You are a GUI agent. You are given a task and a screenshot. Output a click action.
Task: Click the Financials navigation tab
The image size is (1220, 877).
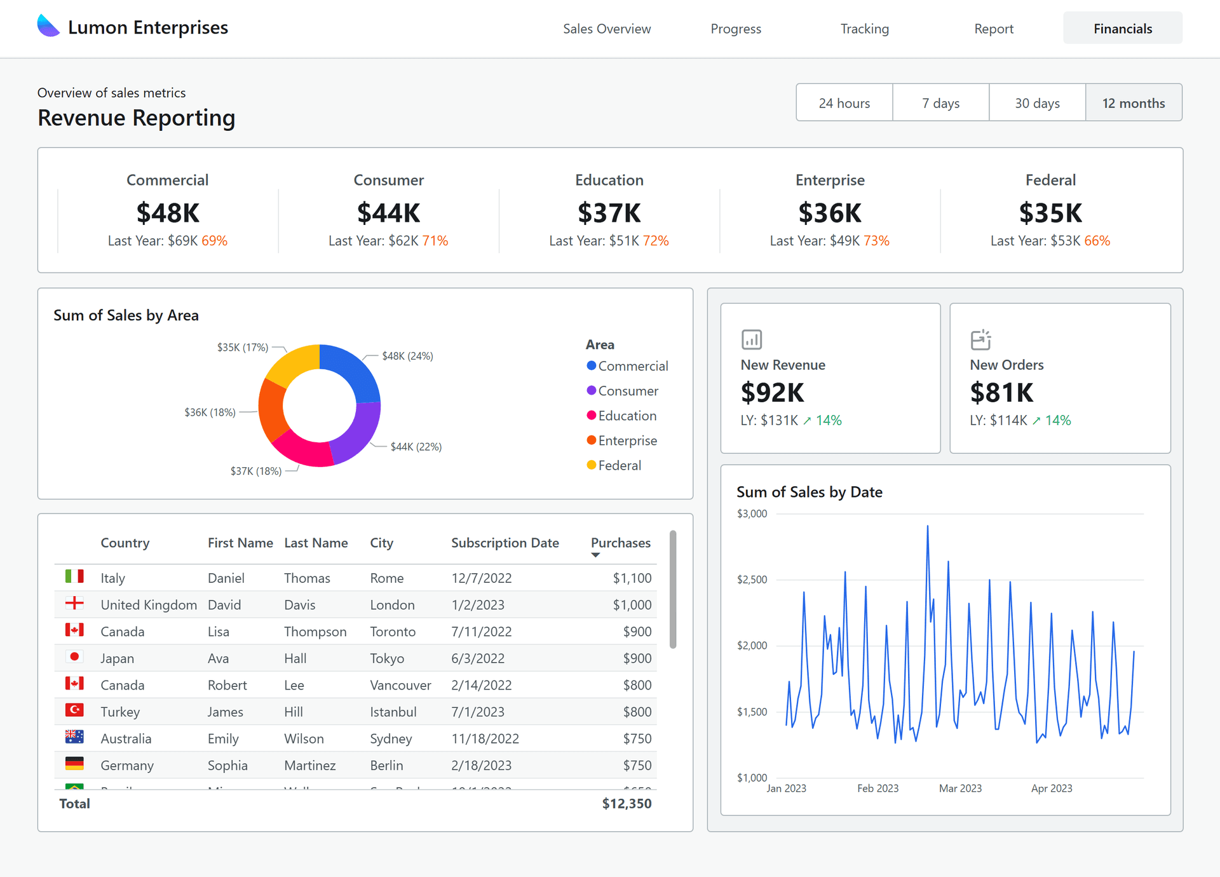(1122, 29)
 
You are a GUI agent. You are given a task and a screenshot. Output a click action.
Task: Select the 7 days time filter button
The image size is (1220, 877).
(940, 103)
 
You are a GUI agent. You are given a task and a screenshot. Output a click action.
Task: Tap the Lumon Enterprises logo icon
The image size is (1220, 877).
(48, 27)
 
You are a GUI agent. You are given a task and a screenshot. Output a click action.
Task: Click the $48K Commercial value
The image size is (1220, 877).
(168, 213)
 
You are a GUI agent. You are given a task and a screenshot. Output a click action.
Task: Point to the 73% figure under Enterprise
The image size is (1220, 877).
(876, 241)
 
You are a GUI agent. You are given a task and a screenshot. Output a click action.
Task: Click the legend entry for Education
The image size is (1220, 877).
(627, 416)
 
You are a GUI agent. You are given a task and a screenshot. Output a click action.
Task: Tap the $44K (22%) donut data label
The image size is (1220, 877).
(416, 447)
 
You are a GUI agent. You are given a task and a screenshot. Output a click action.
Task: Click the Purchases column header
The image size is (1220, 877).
(620, 543)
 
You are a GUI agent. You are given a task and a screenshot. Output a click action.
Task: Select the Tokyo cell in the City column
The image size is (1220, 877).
(387, 658)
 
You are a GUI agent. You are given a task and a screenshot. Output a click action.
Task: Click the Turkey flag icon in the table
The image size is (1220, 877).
(74, 710)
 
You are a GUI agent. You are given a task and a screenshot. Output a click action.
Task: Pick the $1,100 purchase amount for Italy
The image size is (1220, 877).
(632, 578)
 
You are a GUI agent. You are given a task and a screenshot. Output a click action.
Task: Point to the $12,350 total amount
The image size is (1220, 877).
(627, 803)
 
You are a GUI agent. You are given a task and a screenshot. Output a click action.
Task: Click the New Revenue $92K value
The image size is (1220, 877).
(772, 393)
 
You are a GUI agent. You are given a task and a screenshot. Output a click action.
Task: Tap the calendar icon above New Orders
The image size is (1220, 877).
(980, 339)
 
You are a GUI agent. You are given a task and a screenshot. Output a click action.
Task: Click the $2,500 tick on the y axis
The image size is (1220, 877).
(752, 580)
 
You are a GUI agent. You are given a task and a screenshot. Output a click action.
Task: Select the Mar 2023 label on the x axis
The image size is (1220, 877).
(960, 789)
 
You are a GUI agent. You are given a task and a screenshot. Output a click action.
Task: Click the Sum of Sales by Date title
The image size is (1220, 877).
(809, 492)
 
